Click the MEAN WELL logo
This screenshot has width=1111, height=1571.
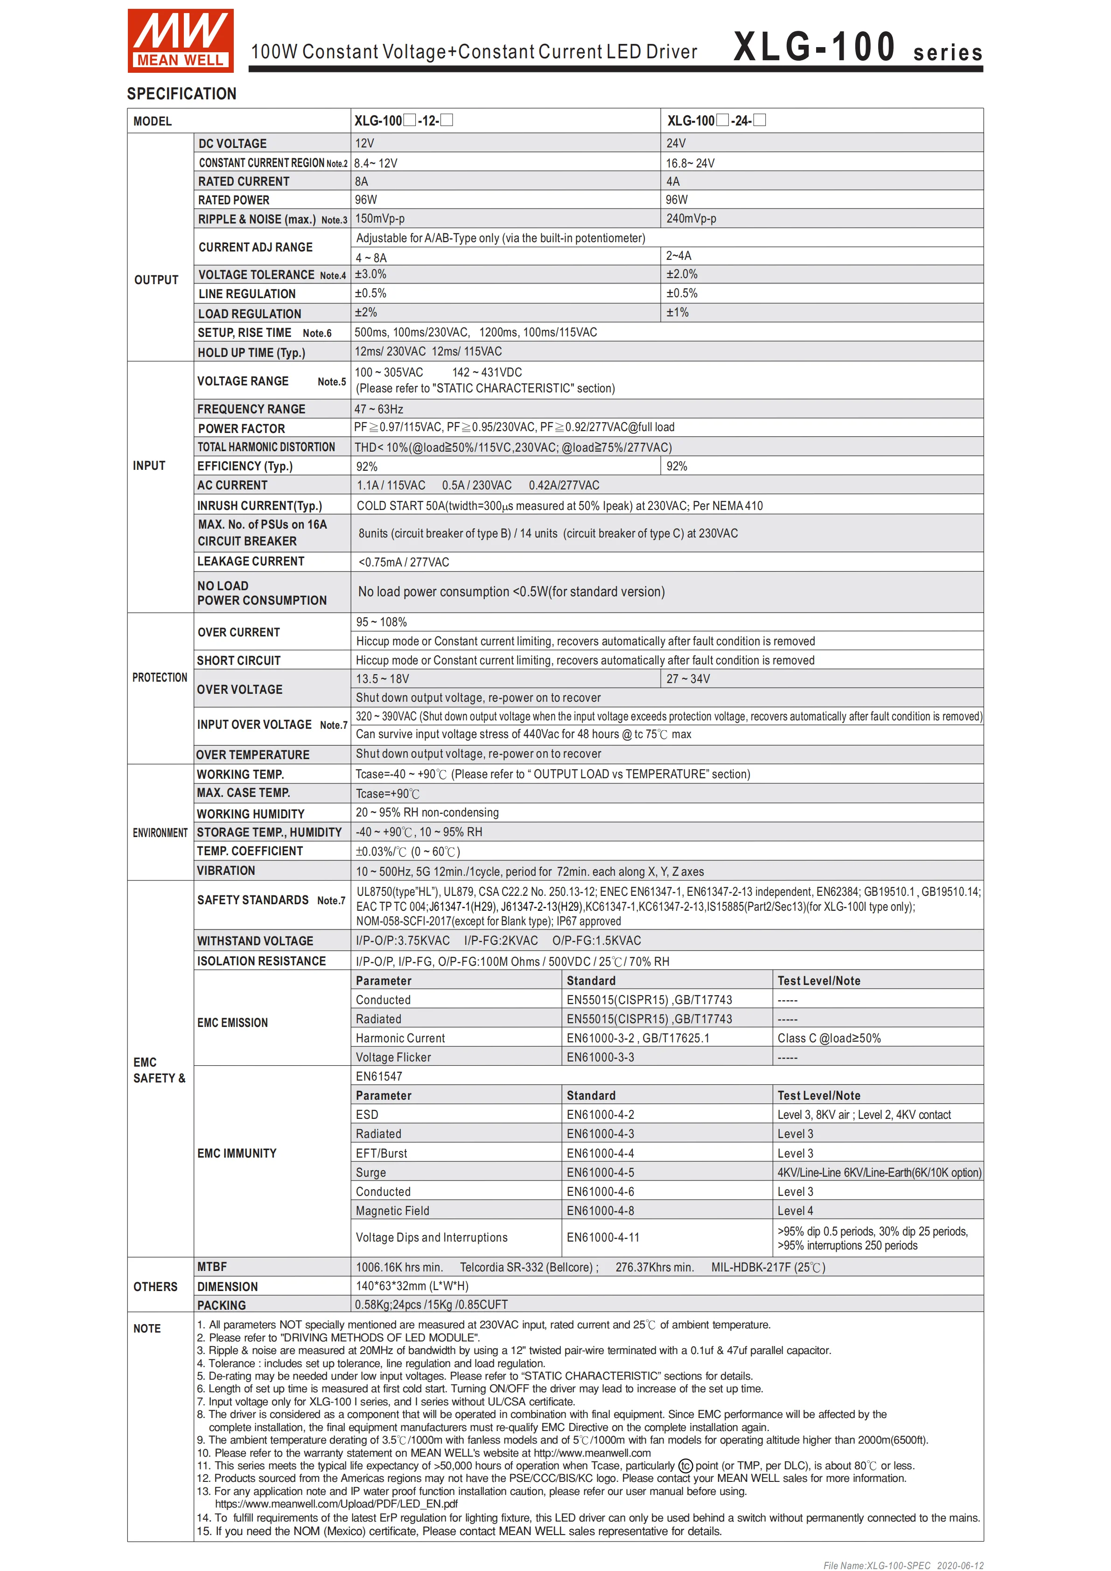click(180, 41)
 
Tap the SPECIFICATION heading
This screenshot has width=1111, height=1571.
click(182, 94)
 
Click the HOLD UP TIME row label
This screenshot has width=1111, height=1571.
click(251, 352)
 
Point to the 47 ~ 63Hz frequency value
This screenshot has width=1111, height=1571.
click(378, 409)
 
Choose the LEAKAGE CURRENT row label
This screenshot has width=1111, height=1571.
click(251, 561)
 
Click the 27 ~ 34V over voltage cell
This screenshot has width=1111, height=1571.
click(688, 679)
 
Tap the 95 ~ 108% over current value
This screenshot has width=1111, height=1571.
click(381, 622)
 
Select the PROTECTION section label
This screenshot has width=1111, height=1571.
click(160, 677)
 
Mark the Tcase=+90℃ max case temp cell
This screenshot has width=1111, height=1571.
click(387, 794)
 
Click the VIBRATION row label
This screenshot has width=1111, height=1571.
click(226, 870)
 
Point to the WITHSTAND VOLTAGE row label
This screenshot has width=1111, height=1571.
click(254, 941)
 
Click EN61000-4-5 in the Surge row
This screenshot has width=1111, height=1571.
click(600, 1172)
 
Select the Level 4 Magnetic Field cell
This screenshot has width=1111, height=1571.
click(795, 1210)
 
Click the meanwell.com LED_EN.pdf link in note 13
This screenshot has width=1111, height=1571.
click(336, 1503)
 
